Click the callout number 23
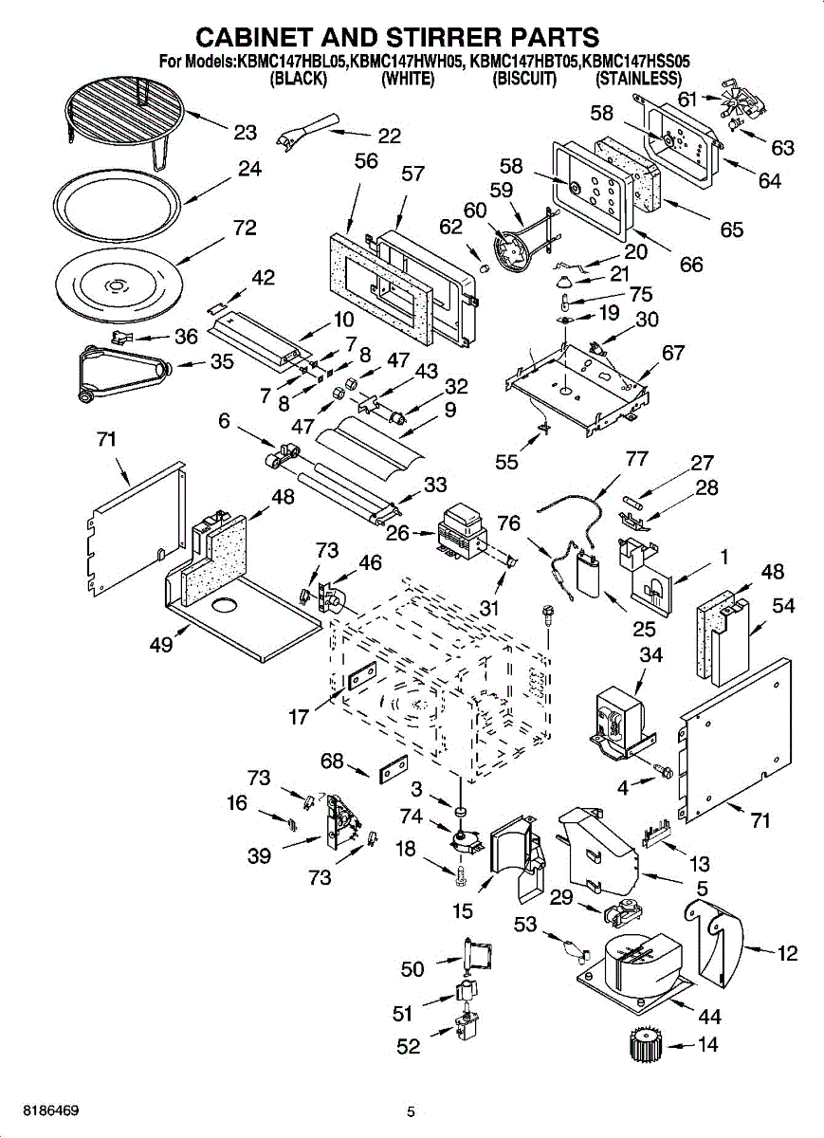coord(246,133)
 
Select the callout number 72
coord(245,228)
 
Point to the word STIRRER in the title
coord(446,37)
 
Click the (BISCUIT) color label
coord(524,79)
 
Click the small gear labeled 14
coord(646,1046)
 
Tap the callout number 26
coord(397,533)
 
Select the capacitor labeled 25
coord(587,574)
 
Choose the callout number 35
coord(222,361)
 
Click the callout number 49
coord(161,645)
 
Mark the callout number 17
coord(299,717)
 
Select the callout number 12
coord(787,953)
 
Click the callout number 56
coord(366,161)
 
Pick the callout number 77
coord(636,459)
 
